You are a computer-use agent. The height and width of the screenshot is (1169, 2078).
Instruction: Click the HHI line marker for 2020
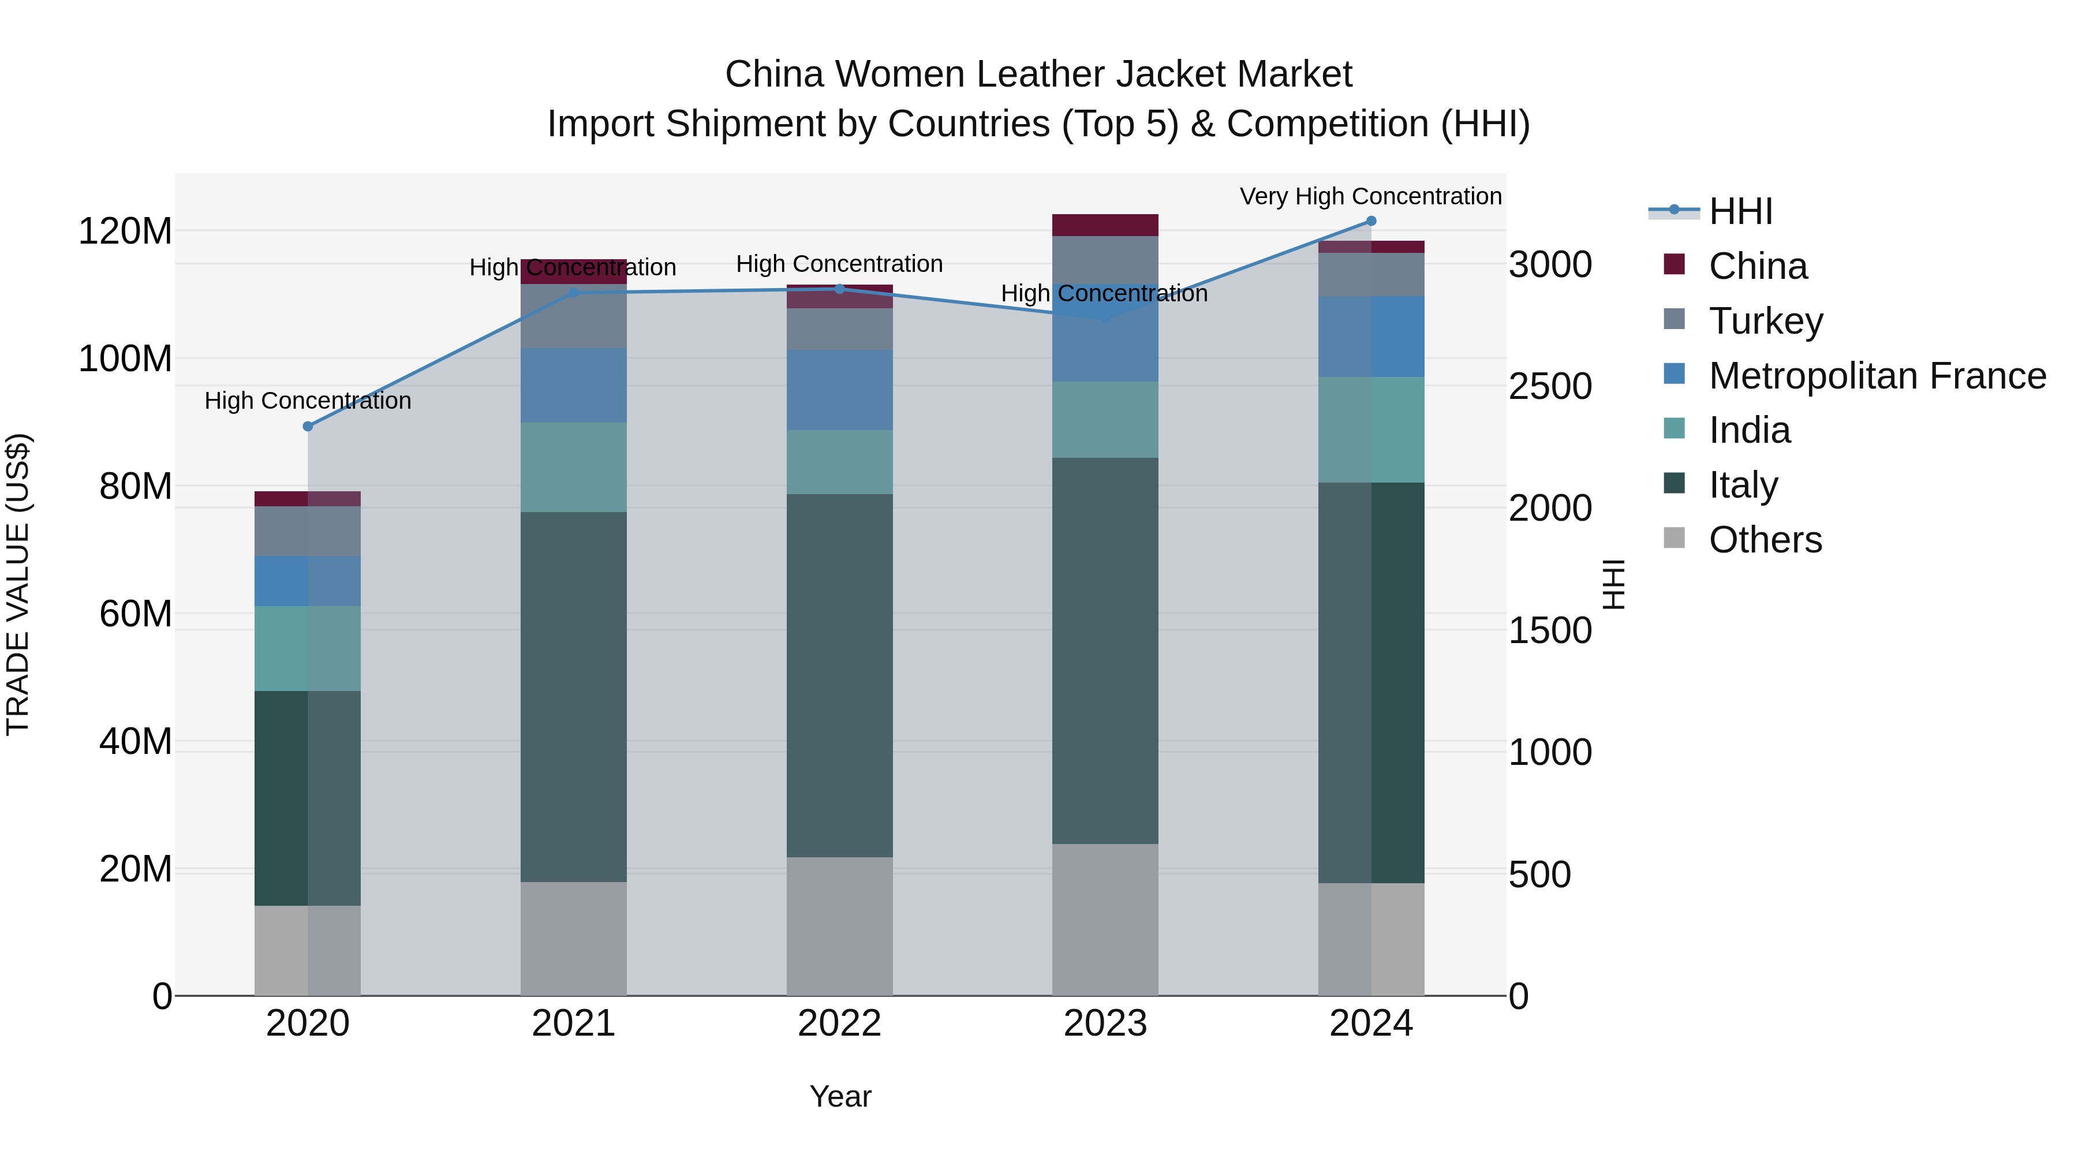coord(307,426)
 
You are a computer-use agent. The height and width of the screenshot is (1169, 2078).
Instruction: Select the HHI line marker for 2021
coord(574,293)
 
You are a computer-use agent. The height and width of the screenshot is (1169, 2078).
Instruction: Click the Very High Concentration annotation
coord(1370,196)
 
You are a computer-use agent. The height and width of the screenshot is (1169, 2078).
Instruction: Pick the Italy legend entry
coord(1743,485)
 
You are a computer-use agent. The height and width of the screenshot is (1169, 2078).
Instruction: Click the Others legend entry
coord(1764,540)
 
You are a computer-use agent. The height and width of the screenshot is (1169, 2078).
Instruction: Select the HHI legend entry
coord(1740,211)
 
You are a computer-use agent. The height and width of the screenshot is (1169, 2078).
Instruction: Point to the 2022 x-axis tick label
coord(839,1024)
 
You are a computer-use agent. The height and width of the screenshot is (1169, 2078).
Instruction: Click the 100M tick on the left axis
coord(125,358)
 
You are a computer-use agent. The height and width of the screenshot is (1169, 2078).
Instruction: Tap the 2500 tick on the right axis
coord(1550,386)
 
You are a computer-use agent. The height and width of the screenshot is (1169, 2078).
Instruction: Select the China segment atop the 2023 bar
coord(1105,225)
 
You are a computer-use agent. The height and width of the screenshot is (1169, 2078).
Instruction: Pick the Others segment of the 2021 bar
coord(574,938)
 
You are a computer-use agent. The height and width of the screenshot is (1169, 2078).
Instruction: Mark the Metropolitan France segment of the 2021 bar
coord(574,385)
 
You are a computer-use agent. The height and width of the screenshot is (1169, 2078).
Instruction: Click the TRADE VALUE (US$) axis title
coord(18,584)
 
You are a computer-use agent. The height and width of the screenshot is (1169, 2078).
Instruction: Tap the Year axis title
coord(840,1096)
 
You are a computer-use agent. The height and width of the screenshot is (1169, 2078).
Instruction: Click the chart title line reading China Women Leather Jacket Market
coord(1038,74)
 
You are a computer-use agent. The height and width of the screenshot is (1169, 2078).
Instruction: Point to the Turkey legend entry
coord(1765,321)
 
